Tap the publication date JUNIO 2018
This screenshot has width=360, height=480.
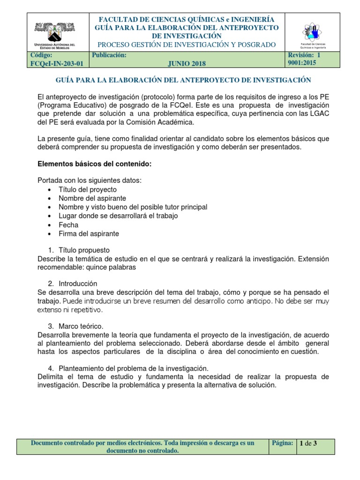(x=187, y=64)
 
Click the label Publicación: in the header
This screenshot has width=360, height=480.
(x=110, y=55)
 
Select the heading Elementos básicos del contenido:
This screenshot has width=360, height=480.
(x=95, y=164)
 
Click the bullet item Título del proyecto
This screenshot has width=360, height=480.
(x=88, y=189)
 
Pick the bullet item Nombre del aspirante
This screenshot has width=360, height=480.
(x=92, y=198)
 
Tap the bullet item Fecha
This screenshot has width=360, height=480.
(x=68, y=225)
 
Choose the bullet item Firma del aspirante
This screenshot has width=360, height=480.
(x=89, y=233)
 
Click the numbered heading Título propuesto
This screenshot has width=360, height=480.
(x=84, y=250)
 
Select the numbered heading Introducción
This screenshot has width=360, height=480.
(x=78, y=284)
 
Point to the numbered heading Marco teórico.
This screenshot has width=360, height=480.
(x=81, y=326)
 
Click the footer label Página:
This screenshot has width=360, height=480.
(x=282, y=443)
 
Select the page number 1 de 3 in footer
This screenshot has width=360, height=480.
(x=308, y=443)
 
